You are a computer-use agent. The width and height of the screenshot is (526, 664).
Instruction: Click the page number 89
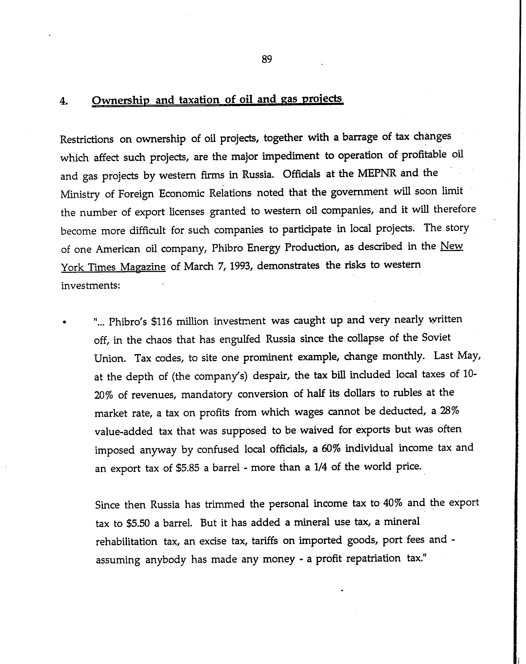coord(267,59)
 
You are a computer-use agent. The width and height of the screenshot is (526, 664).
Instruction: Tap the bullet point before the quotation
coord(64,322)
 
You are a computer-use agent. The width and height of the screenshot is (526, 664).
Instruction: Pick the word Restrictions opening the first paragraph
coord(87,139)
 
